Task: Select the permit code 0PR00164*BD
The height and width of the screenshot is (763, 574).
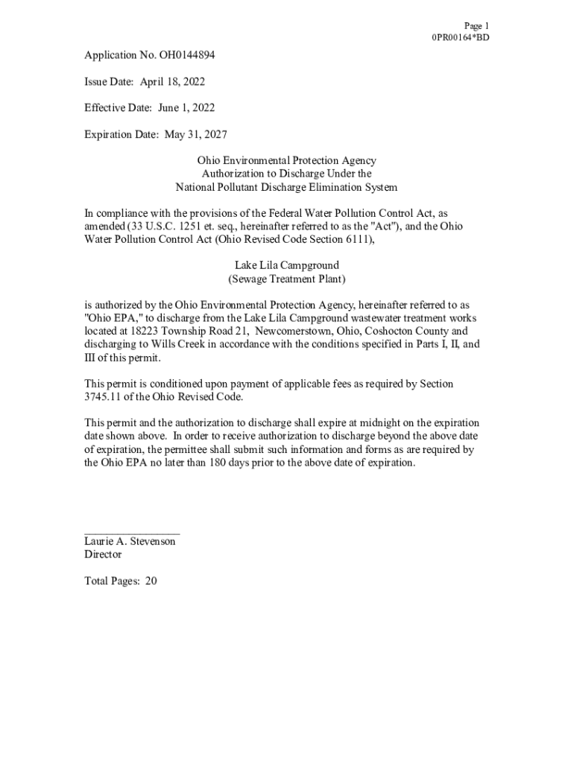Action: [461, 37]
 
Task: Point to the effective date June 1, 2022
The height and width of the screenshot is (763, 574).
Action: [186, 107]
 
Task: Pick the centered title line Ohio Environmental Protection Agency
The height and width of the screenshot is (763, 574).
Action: [286, 160]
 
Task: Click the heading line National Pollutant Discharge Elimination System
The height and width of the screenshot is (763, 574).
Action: [286, 187]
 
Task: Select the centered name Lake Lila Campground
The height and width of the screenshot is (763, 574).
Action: [286, 265]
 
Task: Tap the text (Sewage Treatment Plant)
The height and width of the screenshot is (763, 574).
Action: [286, 279]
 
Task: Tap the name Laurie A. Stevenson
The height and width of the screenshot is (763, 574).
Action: [130, 542]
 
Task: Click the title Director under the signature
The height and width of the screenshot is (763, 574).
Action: [103, 554]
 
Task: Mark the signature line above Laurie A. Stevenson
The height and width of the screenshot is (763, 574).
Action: [132, 533]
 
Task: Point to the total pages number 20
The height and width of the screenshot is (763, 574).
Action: [151, 581]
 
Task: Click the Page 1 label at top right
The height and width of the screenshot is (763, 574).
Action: [476, 25]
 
